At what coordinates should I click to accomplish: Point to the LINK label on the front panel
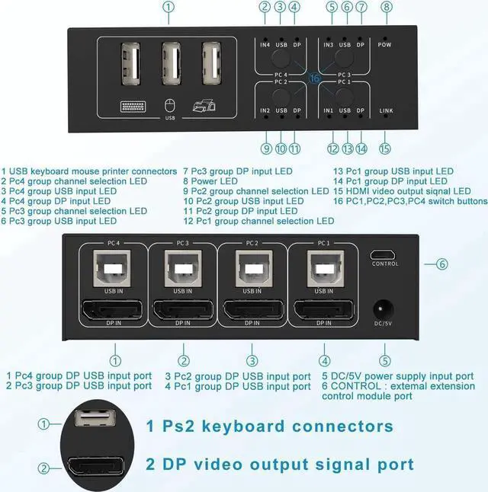coord(387,111)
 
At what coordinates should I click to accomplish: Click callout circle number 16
coord(315,78)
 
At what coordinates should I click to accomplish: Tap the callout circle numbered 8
coord(387,8)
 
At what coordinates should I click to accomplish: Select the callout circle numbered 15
coord(385,149)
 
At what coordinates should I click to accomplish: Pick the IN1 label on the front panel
coord(329,111)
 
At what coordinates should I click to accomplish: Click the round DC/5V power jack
coord(384,311)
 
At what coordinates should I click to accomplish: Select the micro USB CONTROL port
coord(384,255)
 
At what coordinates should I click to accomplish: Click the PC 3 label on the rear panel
coord(183,244)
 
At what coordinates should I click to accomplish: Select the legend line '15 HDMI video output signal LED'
coord(402,191)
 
